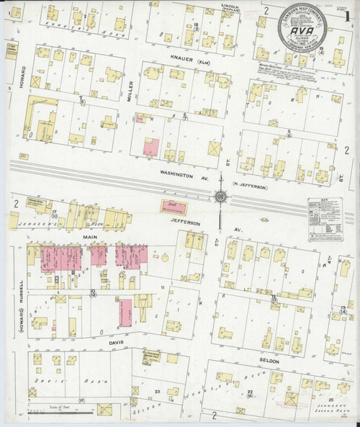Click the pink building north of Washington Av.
(x=149, y=147)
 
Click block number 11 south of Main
(x=163, y=289)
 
